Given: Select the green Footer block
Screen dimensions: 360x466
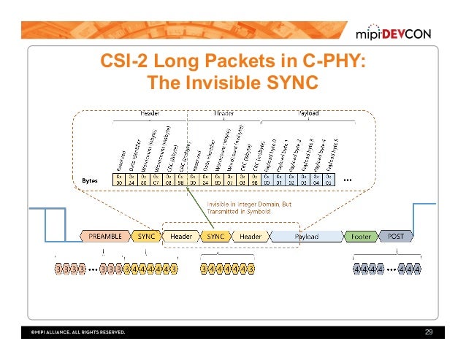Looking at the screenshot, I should coord(360,236).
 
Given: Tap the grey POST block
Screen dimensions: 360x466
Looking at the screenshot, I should coord(395,236).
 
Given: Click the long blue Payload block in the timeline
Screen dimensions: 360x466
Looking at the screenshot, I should coord(305,236).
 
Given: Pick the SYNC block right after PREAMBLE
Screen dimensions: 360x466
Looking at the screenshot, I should coord(146,236).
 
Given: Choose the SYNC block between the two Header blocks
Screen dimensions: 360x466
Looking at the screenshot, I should coord(215,236).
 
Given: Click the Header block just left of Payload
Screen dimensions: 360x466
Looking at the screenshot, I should coord(251,236).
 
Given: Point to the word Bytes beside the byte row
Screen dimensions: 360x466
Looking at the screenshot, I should coord(91,179).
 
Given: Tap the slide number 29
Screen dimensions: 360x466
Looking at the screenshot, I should coord(429,332).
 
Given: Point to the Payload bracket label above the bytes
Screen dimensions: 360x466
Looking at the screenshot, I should coord(308,113).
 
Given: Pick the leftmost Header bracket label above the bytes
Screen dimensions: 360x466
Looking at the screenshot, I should coord(150,113).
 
